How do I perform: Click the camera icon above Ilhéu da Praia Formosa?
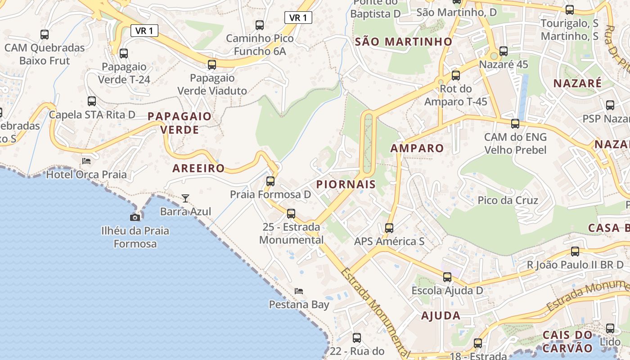point(135,218)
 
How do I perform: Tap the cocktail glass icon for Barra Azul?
point(185,198)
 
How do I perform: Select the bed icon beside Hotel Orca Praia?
point(86,161)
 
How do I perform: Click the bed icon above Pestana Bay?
point(299,291)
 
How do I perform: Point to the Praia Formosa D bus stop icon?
point(270,181)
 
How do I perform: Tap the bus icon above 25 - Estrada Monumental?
point(291,214)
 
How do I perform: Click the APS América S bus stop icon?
point(389,228)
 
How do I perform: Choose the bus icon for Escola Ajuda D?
point(447,277)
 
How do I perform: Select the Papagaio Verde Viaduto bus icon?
point(212,65)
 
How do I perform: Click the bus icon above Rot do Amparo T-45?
point(456,76)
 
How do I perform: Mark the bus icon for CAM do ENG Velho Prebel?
point(515,124)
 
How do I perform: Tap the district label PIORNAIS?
point(346,184)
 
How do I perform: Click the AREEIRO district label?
point(198,168)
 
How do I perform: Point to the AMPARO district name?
point(417,148)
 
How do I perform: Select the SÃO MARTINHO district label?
point(403,42)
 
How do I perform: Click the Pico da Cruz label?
point(508,200)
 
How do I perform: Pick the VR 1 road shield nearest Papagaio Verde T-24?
point(144,31)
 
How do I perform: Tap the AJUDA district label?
point(441,315)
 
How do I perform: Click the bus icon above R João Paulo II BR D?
point(575,252)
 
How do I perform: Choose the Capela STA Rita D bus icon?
point(92,101)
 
